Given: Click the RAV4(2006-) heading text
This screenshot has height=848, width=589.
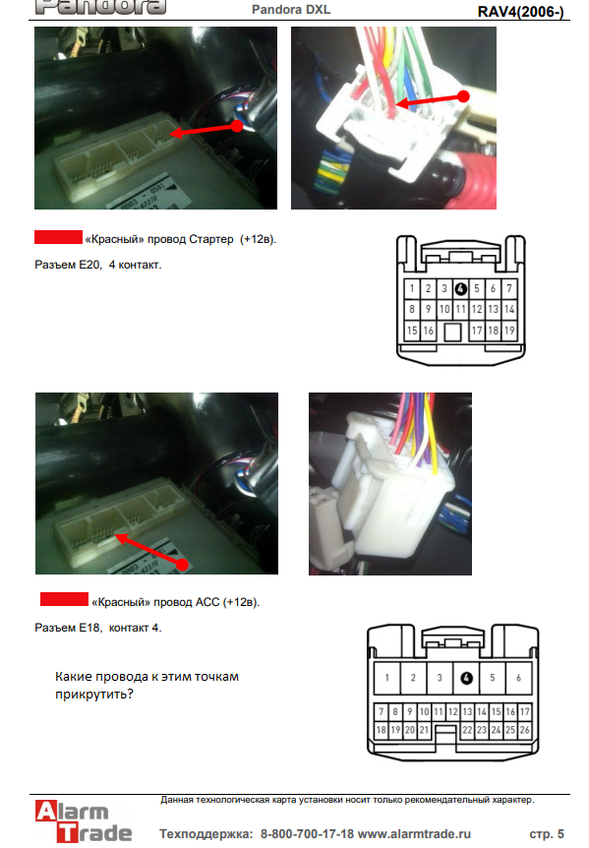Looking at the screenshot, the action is [x=520, y=12].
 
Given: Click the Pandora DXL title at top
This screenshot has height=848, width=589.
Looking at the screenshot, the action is [x=291, y=10].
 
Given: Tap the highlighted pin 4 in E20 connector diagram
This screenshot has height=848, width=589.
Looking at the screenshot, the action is [x=460, y=289].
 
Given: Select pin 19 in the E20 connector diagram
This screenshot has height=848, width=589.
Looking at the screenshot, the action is [x=509, y=331].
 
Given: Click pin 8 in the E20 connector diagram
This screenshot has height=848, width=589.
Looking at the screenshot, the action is [x=412, y=309].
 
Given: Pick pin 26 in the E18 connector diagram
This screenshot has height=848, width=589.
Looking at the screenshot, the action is [x=525, y=730].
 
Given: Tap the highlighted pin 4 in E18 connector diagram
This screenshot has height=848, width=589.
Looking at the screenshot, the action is [x=466, y=678].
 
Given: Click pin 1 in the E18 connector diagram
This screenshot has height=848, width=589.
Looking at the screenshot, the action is [x=386, y=678].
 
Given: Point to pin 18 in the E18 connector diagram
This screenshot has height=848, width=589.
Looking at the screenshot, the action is [x=381, y=730].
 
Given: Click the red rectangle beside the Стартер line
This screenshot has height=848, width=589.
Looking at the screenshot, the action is [x=58, y=237].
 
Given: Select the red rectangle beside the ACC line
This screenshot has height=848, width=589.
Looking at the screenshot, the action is [x=64, y=599].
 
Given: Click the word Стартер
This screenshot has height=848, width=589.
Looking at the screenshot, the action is [x=211, y=239].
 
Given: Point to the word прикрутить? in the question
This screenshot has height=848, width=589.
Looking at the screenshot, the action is [x=94, y=694].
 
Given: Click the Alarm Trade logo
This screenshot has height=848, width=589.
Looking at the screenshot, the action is [x=84, y=821].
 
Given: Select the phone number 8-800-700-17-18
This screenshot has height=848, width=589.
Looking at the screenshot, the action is [x=307, y=834].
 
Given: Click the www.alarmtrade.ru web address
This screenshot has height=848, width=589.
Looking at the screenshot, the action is [x=414, y=834].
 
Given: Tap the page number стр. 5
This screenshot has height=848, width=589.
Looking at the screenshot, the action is [x=547, y=834].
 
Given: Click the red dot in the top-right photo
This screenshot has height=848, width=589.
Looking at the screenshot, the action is [x=463, y=96].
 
